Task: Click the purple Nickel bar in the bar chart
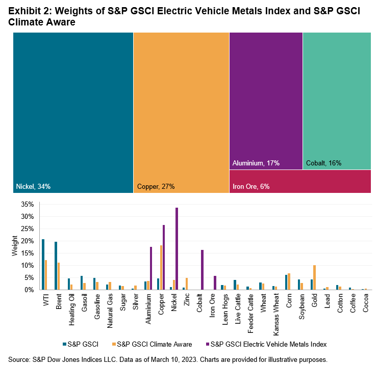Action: (x=177, y=249)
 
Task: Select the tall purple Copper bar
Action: (x=164, y=258)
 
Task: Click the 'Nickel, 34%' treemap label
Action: (x=34, y=186)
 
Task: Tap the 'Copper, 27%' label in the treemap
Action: (x=156, y=186)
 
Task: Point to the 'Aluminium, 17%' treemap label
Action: (x=256, y=163)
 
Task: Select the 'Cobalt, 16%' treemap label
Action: (x=323, y=163)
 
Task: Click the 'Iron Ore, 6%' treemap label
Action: (x=251, y=186)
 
